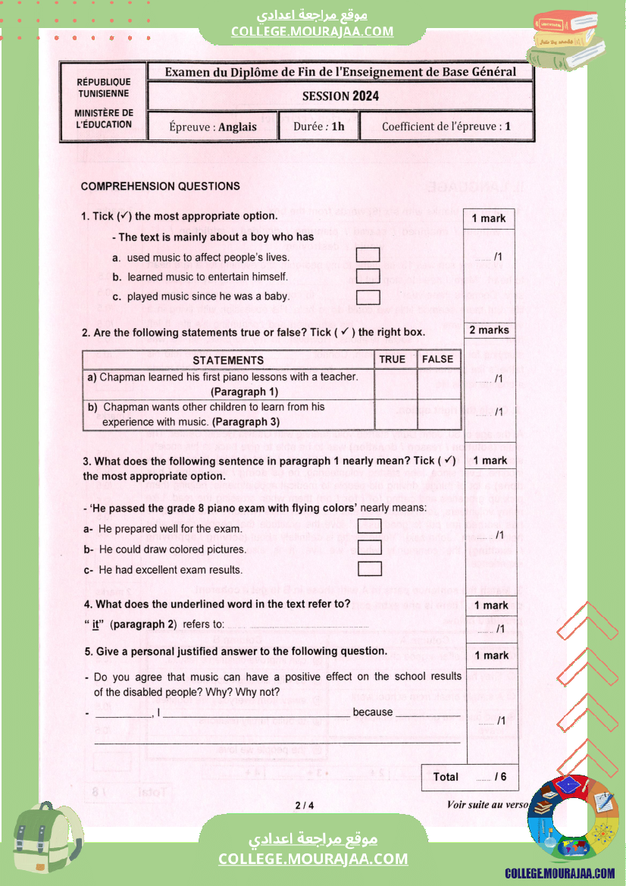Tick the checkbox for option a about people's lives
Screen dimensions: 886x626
click(368, 256)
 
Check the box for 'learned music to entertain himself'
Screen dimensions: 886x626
click(368, 277)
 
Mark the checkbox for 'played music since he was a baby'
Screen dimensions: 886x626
click(368, 297)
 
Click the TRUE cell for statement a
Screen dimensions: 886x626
click(395, 384)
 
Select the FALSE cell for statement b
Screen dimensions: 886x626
click(438, 414)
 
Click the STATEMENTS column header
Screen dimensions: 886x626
click(228, 360)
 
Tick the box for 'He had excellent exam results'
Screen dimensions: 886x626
click(369, 569)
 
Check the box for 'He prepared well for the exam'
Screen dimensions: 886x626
click(369, 527)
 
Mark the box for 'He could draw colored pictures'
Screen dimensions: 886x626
click(369, 548)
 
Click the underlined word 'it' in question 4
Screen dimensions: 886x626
click(96, 625)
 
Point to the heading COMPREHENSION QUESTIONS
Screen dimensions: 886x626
click(160, 186)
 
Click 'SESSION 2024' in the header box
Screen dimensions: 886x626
click(340, 96)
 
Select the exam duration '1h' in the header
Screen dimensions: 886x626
click(337, 127)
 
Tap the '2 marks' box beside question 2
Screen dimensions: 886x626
click(489, 330)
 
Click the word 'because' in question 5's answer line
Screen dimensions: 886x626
click(373, 712)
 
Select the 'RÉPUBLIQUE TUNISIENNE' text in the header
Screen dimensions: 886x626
click(104, 87)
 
